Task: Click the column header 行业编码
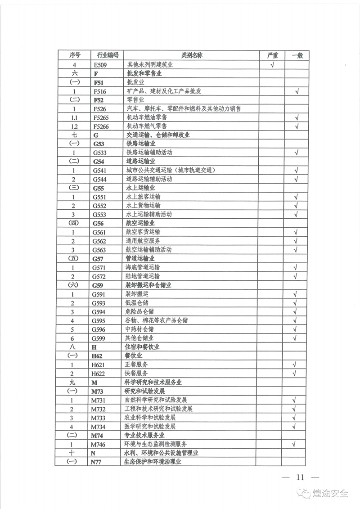point(105,55)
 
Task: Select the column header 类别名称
point(192,55)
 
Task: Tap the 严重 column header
point(272,55)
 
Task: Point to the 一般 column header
point(297,55)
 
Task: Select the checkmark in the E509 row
point(272,64)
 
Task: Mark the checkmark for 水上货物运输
point(297,206)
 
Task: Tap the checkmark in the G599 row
point(297,338)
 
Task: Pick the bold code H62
point(97,356)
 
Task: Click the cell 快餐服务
point(137,373)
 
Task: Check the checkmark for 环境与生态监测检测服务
point(297,444)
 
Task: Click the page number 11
point(300,477)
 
